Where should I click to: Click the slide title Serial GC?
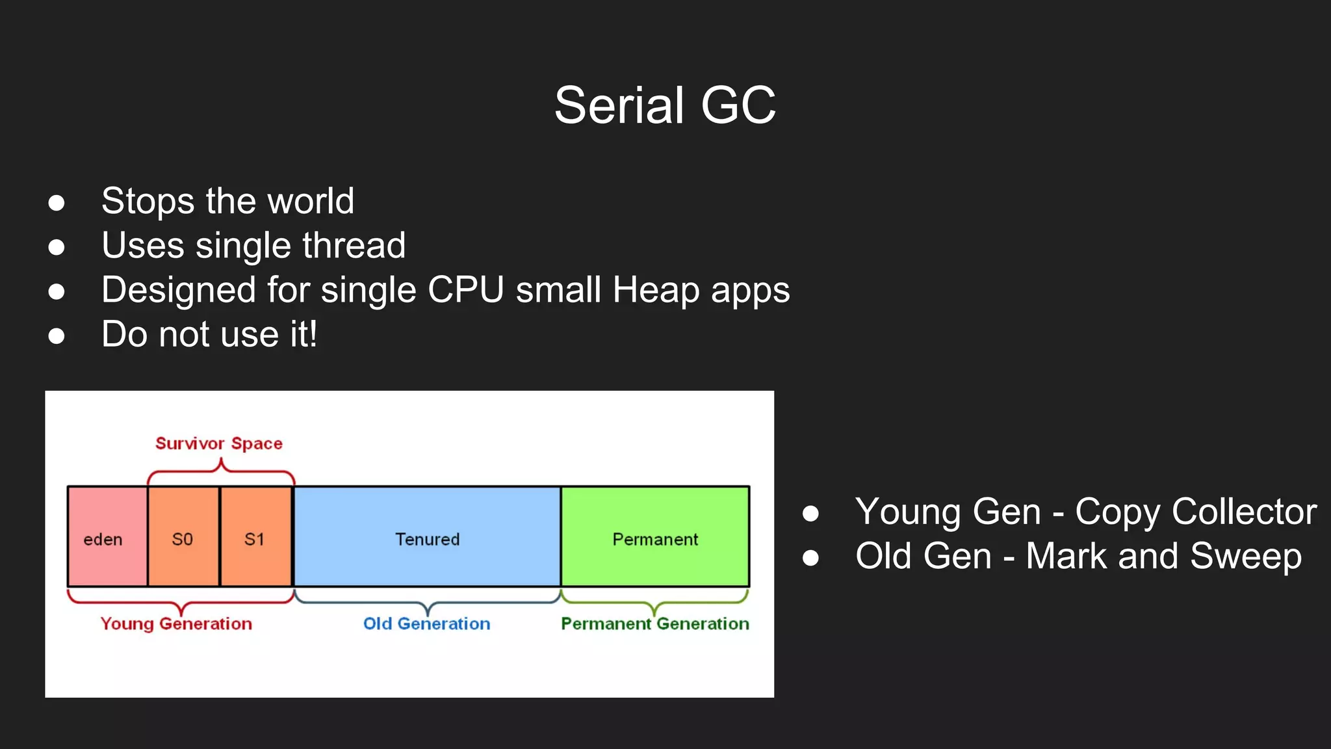pyautogui.click(x=665, y=105)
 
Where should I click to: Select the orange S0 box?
pyautogui.click(x=183, y=537)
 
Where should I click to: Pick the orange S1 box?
pyautogui.click(x=255, y=537)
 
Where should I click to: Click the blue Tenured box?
pyautogui.click(x=427, y=537)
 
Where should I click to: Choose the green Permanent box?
pyautogui.click(x=655, y=537)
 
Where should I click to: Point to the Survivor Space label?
pyautogui.click(x=219, y=443)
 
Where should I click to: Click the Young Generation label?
pyautogui.click(x=176, y=624)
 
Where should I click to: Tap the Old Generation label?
pyautogui.click(x=426, y=624)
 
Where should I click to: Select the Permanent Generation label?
pyautogui.click(x=655, y=624)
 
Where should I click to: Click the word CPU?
pyautogui.click(x=465, y=290)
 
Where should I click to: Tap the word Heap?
pyautogui.click(x=655, y=290)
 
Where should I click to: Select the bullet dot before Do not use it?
pyautogui.click(x=57, y=336)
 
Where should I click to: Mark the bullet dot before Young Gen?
pyautogui.click(x=810, y=514)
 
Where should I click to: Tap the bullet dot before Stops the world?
pyautogui.click(x=57, y=203)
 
